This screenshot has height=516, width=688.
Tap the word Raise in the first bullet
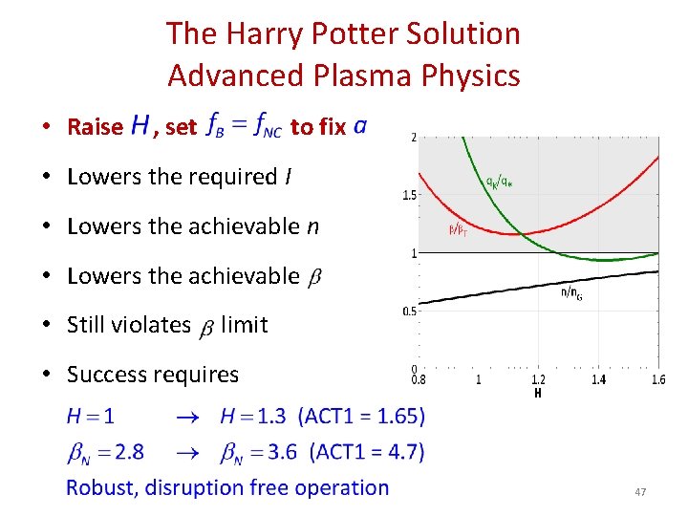pyautogui.click(x=95, y=126)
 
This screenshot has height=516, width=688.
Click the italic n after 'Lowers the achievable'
pyautogui.click(x=312, y=226)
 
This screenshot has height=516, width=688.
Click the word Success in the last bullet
pyautogui.click(x=107, y=375)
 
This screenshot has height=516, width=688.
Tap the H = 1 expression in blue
pyautogui.click(x=91, y=417)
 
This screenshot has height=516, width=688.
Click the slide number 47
pyautogui.click(x=640, y=492)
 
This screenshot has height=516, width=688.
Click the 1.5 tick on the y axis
pyautogui.click(x=407, y=196)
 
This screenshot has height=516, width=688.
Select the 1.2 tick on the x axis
pyautogui.click(x=538, y=379)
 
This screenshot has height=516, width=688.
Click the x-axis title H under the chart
pyautogui.click(x=538, y=392)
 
